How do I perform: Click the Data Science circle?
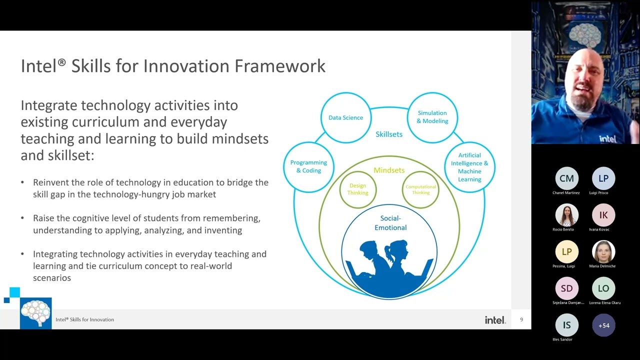(345, 118)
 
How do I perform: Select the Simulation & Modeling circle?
(432, 117)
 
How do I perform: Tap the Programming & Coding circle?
(308, 166)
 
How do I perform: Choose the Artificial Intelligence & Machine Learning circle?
(469, 167)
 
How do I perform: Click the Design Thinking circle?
(358, 189)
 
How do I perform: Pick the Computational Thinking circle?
(420, 189)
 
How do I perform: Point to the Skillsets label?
(389, 134)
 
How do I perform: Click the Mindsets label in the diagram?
(389, 170)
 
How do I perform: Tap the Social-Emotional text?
(390, 223)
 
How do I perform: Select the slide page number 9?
(521, 319)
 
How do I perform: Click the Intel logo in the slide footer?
(495, 320)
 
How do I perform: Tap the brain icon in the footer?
(35, 313)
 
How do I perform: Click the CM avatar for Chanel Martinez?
(566, 178)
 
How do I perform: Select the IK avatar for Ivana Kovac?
(603, 215)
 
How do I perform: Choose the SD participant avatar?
(566, 288)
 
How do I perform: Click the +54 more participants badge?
(603, 325)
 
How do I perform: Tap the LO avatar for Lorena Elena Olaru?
(603, 288)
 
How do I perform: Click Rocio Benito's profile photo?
(566, 215)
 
